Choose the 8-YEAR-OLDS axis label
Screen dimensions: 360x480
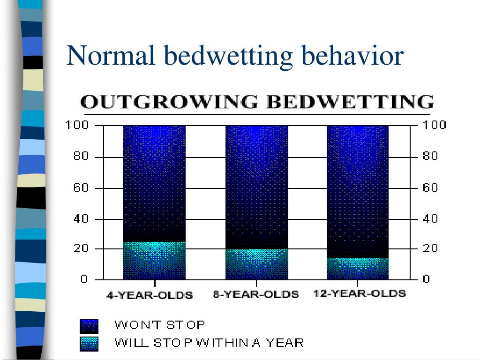[x=256, y=294]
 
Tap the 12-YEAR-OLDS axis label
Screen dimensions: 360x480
[x=359, y=294]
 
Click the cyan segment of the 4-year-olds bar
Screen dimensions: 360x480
[x=154, y=261]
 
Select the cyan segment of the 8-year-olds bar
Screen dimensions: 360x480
[x=257, y=264]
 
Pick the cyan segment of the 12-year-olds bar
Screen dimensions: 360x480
[x=358, y=268]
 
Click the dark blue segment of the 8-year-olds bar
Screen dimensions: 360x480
[x=257, y=187]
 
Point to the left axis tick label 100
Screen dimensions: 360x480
[x=77, y=126]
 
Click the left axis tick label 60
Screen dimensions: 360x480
[x=80, y=188]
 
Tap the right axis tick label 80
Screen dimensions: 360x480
[x=430, y=157]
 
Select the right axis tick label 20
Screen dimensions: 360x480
[x=430, y=248]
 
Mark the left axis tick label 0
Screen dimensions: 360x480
[x=84, y=279]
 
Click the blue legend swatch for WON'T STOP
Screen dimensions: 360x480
[x=89, y=325]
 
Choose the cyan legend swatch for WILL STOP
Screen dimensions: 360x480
[x=89, y=344]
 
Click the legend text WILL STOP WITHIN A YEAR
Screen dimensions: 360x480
[x=209, y=343]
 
